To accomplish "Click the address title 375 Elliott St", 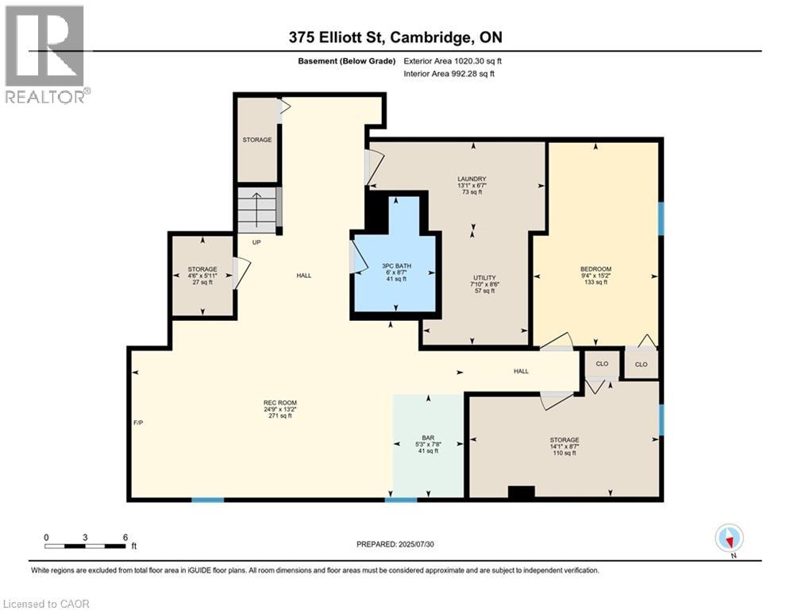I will coord(395,37).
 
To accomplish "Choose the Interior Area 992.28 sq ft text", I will coord(449,74).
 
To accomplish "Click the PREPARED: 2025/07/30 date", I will coord(395,544).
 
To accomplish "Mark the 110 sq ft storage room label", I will coord(565,447).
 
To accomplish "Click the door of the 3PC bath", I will coord(356,257).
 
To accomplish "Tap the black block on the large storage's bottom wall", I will coord(521,492).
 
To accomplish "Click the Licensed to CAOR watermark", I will coord(46,604).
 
